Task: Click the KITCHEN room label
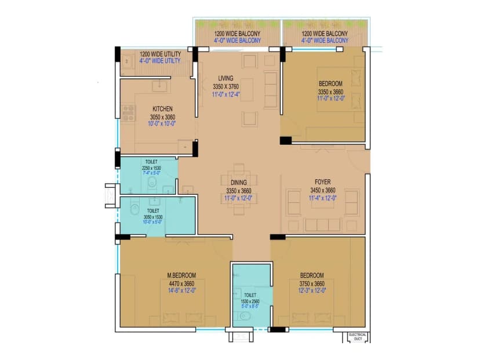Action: (x=162, y=109)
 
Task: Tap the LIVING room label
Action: (x=226, y=78)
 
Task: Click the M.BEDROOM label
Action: (x=182, y=275)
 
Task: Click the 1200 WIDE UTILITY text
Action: (x=160, y=54)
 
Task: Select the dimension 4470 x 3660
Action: (x=182, y=283)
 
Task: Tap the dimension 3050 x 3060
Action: (x=162, y=117)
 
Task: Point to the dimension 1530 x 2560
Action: (x=250, y=302)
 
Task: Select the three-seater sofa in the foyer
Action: (x=322, y=224)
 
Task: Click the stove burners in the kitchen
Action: (x=128, y=113)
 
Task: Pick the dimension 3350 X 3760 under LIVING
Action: (x=226, y=86)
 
